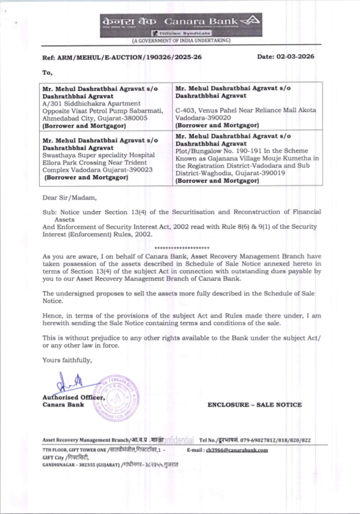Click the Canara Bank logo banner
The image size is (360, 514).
181,24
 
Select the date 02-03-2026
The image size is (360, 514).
295,57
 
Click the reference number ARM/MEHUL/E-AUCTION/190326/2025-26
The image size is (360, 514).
130,57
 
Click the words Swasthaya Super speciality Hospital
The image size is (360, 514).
98,155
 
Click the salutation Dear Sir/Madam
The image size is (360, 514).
69,198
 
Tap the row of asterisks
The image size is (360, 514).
182,248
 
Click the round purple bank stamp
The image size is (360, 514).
116,398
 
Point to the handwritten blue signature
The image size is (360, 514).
70,383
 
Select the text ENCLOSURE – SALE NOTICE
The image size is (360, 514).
255,405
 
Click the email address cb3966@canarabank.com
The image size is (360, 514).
237,450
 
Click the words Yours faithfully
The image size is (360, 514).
67,360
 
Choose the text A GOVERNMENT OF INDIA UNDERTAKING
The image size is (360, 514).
181,41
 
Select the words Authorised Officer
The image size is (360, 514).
73,397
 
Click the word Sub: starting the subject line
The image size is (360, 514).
49,212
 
